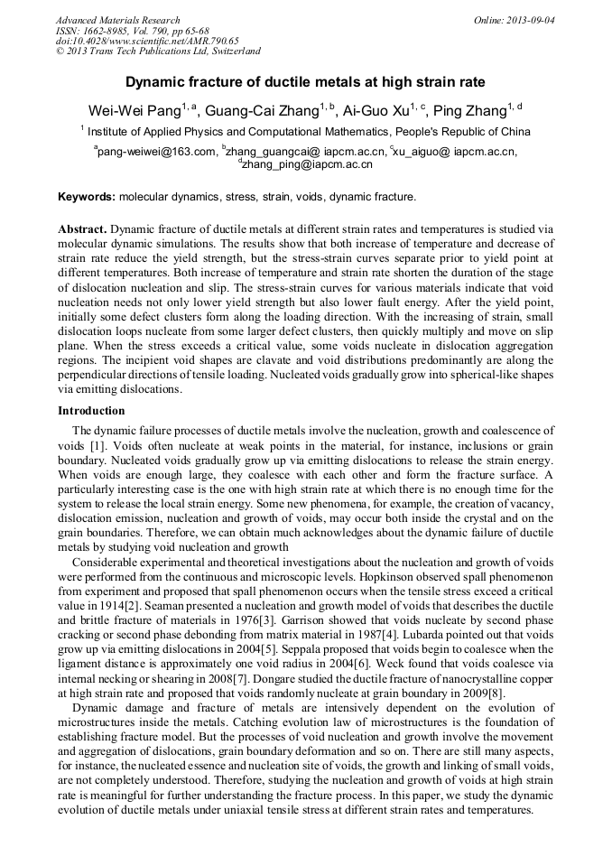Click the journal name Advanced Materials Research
pyautogui.click(x=117, y=20)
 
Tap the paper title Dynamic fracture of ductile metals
pyautogui.click(x=305, y=81)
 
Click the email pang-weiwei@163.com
pyautogui.click(x=156, y=152)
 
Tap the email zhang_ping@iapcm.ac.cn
pyautogui.click(x=306, y=164)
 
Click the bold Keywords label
pyautogui.click(x=87, y=196)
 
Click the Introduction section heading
pyautogui.click(x=91, y=411)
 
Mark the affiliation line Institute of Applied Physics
pyautogui.click(x=305, y=132)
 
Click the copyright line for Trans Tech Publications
pyautogui.click(x=159, y=51)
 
